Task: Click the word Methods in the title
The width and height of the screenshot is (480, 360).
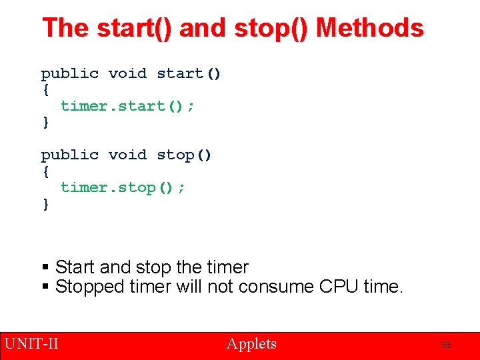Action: point(370,28)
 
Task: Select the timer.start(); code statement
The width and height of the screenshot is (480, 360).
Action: point(128,106)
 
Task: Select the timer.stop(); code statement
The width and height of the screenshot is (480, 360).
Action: point(123,187)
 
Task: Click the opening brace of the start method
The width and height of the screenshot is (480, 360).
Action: point(45,90)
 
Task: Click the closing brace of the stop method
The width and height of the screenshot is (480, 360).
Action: point(45,204)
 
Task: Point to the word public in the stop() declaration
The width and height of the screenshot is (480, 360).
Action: point(69,155)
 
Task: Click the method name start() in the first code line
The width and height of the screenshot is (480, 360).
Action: point(189,73)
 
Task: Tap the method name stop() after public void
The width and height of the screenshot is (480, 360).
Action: point(184,155)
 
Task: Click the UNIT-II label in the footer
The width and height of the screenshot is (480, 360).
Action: point(31,344)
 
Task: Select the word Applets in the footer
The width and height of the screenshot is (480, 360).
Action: point(251,344)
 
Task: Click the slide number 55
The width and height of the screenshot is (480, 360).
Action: point(446,345)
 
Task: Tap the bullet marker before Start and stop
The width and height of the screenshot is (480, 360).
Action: point(45,268)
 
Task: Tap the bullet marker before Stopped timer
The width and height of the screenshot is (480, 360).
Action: point(45,287)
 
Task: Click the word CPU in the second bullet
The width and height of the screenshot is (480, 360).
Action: point(339,287)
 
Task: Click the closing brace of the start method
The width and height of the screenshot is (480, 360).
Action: point(45,123)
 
